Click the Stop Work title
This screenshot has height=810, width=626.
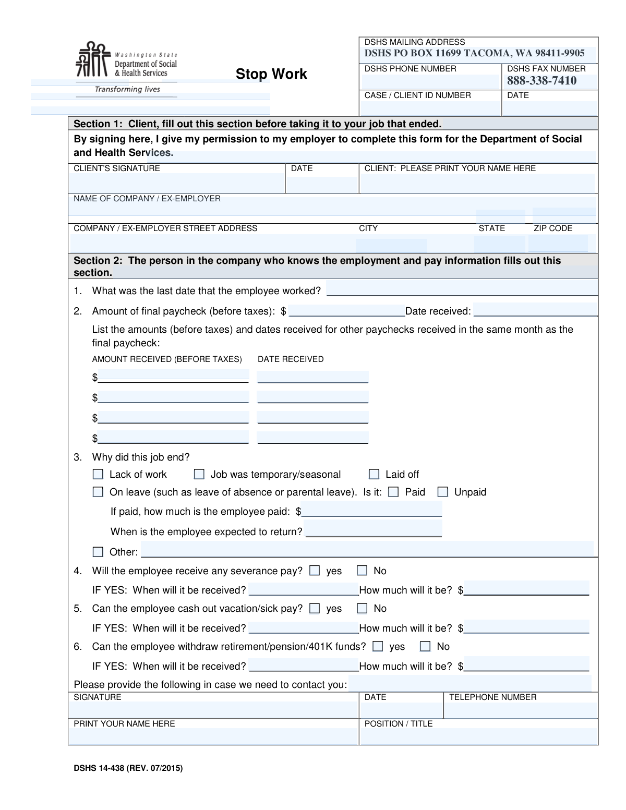tap(271, 74)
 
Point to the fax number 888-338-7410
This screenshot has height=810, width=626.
tap(541, 80)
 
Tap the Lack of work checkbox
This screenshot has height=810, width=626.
tap(98, 474)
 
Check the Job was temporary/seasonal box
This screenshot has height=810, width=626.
tap(199, 474)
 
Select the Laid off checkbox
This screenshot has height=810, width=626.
tap(374, 474)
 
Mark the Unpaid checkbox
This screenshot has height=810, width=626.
tap(443, 492)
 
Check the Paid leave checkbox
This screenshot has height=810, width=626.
tap(394, 492)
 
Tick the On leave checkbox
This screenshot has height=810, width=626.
tap(98, 492)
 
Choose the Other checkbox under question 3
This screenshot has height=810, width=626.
tap(98, 552)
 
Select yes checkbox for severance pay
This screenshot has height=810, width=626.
tap(315, 571)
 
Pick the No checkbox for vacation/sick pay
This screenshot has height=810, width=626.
tap(362, 608)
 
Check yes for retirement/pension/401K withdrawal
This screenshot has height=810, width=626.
tap(378, 646)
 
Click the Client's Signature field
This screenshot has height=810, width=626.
tap(176, 183)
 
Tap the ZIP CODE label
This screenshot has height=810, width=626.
tap(553, 228)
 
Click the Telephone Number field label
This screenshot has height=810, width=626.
tap(492, 697)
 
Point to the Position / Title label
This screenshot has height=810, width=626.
tap(399, 724)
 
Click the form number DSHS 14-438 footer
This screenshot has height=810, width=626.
tap(128, 768)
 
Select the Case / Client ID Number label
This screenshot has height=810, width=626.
tap(417, 95)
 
